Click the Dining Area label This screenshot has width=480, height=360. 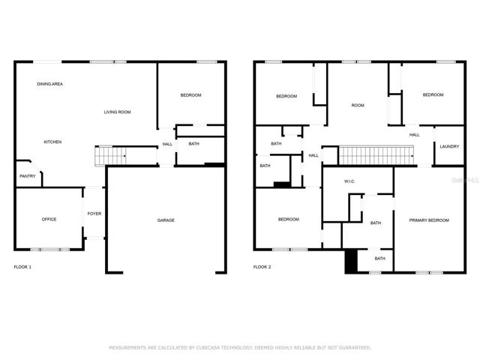50,84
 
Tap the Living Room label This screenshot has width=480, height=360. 117,112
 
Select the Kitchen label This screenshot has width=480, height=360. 52,142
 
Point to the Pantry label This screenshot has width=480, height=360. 28,176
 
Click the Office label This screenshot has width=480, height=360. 49,219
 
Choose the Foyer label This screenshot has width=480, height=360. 94,214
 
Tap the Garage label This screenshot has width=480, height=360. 166,220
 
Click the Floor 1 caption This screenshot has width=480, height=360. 22,267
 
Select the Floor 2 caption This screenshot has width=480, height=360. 262,267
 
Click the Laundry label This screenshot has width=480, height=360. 449,147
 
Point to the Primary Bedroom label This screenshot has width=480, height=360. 429,220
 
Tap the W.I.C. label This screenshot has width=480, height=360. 349,181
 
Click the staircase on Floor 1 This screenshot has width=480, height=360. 110,156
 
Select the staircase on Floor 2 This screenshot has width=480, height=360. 376,155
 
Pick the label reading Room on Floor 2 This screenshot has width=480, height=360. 358,105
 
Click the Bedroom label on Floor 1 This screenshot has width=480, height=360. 190,95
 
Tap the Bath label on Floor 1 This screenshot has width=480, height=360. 193,143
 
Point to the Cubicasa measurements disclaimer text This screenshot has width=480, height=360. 240,347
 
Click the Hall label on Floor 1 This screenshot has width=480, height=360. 167,144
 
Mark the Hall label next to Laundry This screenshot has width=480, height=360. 415,135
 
